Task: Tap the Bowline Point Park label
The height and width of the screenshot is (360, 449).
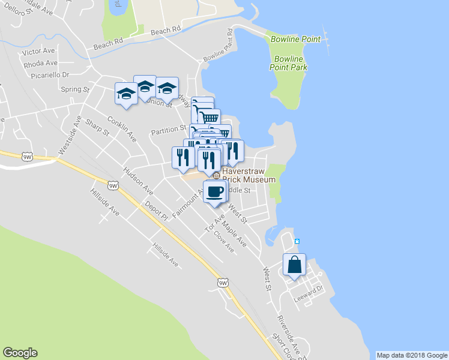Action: tap(291, 63)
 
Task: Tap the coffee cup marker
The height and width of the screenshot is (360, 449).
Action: tap(214, 192)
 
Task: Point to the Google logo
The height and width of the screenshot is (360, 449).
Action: tap(20, 353)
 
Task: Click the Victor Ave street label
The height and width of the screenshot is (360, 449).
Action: tap(38, 52)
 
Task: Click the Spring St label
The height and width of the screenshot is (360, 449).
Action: tap(75, 89)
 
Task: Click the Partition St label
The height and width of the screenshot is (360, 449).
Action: tap(169, 129)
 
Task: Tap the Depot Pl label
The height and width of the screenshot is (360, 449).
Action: tap(155, 211)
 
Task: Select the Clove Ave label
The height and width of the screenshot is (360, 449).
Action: tap(224, 239)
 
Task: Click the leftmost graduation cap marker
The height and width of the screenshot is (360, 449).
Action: tap(126, 94)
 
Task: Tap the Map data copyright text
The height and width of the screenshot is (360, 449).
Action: tap(412, 355)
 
